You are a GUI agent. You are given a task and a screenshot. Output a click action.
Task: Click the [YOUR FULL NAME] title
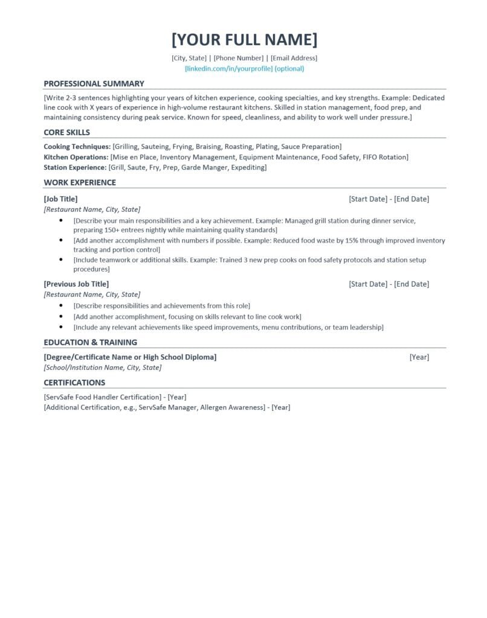(244, 40)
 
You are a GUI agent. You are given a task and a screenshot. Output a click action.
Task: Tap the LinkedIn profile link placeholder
(244, 69)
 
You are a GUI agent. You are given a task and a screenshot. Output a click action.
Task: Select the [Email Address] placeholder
(294, 58)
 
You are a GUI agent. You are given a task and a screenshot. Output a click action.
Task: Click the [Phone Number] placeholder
(239, 58)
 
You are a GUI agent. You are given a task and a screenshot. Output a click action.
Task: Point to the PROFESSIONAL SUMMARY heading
(94, 84)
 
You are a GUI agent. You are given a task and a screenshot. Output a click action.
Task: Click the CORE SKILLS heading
(66, 133)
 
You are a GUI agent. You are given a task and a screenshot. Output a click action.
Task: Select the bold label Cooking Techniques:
(77, 147)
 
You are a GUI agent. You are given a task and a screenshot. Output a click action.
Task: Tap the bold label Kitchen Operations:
(76, 157)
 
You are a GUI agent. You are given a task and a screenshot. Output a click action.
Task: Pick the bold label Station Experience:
(75, 167)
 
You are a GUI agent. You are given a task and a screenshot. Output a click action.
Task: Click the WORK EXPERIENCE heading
(80, 183)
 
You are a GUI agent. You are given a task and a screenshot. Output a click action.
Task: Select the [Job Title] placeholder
(60, 199)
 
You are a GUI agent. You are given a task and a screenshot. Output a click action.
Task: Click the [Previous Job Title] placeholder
(76, 284)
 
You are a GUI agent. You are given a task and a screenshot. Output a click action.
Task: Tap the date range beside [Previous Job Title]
(389, 284)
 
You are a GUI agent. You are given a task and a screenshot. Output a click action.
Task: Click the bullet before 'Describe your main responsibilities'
(61, 220)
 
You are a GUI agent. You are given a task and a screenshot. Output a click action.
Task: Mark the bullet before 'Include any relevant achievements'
(61, 327)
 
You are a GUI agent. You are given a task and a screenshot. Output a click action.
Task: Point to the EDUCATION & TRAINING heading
(90, 342)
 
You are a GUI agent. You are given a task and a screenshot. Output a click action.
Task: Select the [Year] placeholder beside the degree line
(419, 357)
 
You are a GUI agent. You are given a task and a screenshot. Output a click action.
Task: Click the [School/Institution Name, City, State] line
(102, 367)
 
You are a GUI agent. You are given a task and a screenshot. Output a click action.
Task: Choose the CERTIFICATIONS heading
(74, 383)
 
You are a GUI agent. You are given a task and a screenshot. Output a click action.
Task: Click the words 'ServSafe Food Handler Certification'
(103, 397)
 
